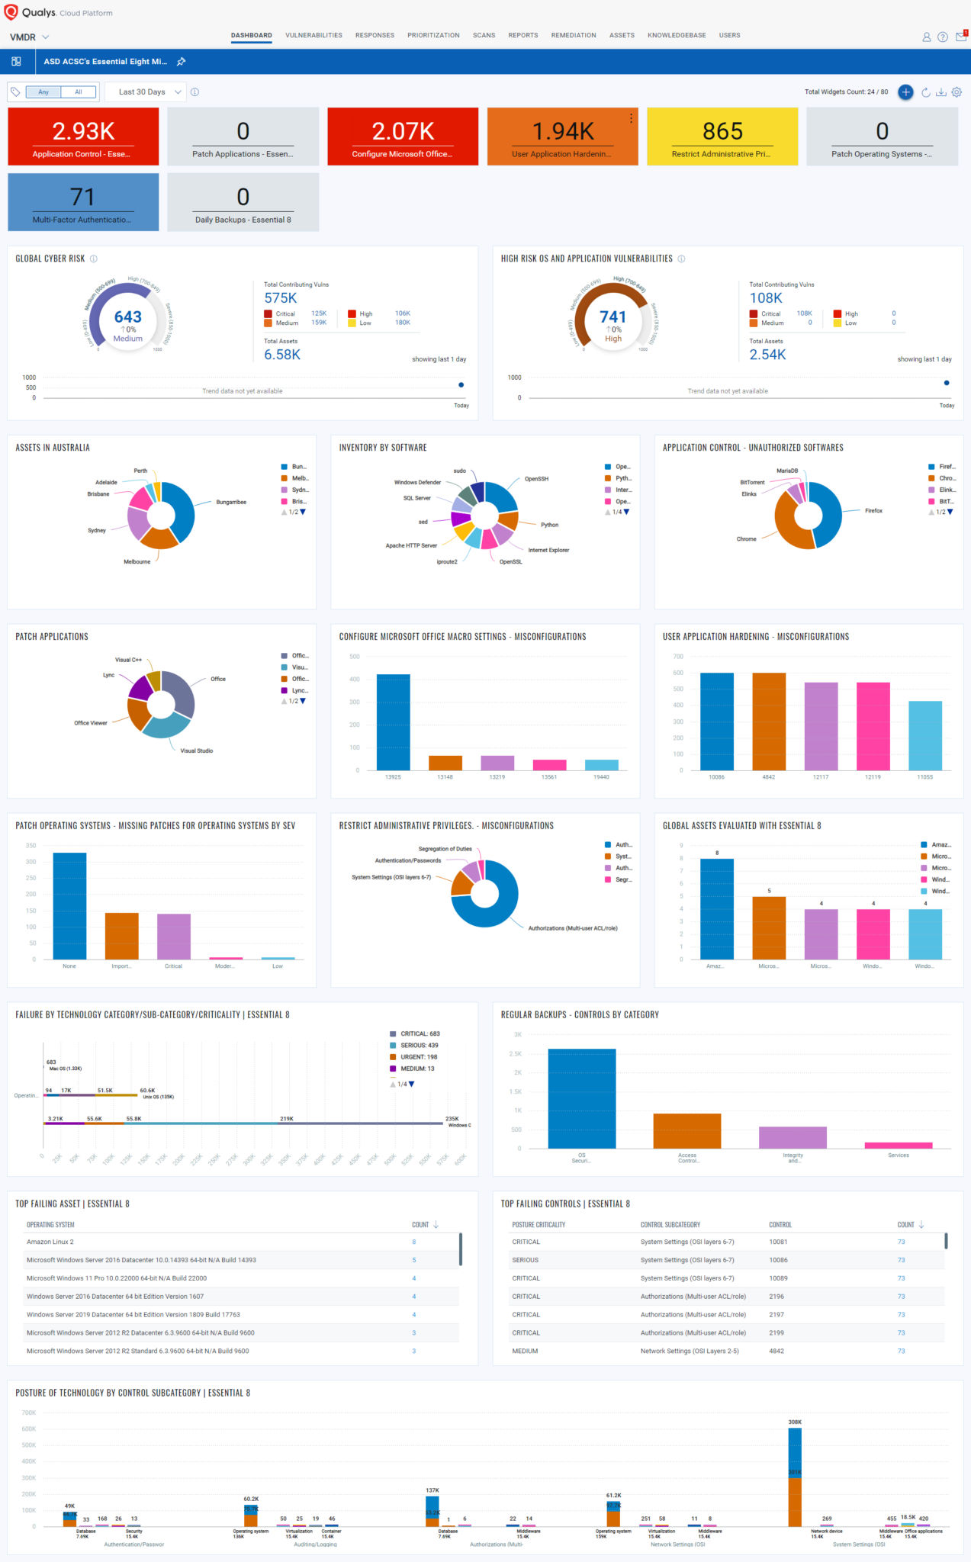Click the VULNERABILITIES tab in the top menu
[x=313, y=35]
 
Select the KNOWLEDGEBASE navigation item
[x=677, y=35]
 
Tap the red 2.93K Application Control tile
[x=83, y=137]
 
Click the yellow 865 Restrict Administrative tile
[x=722, y=137]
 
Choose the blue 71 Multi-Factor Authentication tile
[x=83, y=202]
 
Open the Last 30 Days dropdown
[x=146, y=92]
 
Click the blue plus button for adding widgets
[x=905, y=92]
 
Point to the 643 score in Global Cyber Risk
[x=127, y=317]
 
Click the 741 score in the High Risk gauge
[x=613, y=317]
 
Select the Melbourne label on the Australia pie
[x=137, y=561]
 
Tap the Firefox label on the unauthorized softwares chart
[x=873, y=511]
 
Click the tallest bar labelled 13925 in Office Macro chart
[x=393, y=722]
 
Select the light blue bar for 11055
[x=924, y=735]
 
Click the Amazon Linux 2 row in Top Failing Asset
[x=50, y=1242]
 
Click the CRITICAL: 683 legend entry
[x=420, y=1034]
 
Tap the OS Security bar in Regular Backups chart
[x=581, y=1098]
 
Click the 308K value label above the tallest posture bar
[x=795, y=1422]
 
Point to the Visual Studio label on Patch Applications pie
[x=196, y=750]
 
